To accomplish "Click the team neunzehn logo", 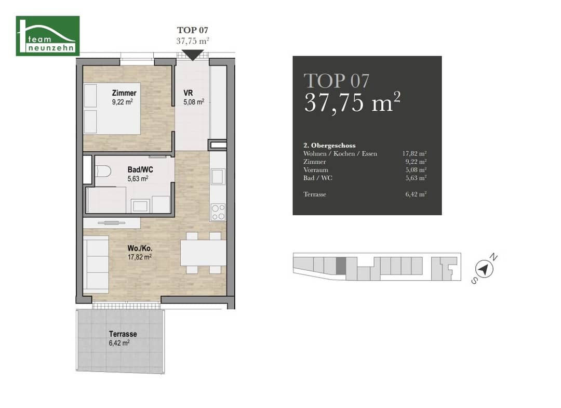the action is pos(48,36).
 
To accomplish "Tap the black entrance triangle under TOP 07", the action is pos(193,55).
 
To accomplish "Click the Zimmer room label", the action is pos(124,93).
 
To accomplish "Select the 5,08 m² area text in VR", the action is pos(194,102).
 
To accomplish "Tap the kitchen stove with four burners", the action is pos(218,212).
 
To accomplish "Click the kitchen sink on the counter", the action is pos(218,177).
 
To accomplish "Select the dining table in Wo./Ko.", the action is pos(203,253).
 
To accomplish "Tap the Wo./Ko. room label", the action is pos(140,248).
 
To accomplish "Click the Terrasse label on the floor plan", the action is pos(123,334).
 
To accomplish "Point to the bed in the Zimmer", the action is pos(112,109).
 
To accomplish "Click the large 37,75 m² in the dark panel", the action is pos(352,102).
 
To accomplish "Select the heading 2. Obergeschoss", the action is pos(329,146).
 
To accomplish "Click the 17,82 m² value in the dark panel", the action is pos(415,153).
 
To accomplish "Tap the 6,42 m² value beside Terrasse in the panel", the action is pos(416,194).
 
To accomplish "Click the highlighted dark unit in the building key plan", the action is pos(341,266).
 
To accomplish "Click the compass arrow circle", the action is pos(484,269).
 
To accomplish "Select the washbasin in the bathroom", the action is pos(140,206).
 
